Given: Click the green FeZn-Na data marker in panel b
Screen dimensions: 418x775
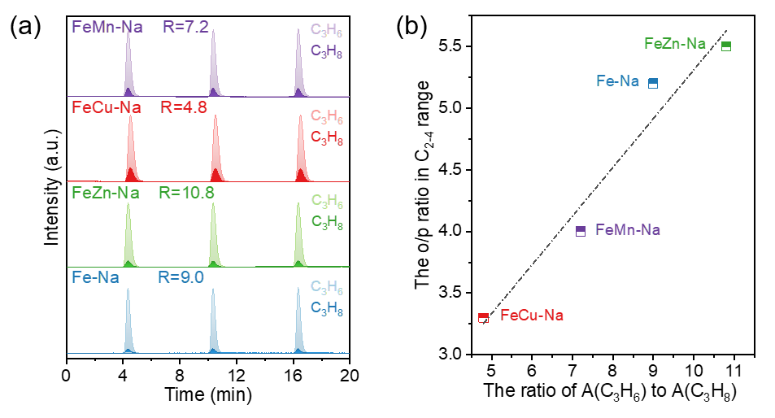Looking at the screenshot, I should click(x=726, y=46).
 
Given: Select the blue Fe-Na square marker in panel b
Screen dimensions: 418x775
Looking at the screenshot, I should click(x=653, y=83).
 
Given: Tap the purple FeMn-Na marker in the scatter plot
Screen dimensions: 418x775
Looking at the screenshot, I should click(x=581, y=231).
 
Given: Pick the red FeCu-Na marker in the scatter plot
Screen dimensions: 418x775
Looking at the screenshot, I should click(x=483, y=317).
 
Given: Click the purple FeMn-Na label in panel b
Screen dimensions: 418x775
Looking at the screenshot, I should click(x=628, y=230).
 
